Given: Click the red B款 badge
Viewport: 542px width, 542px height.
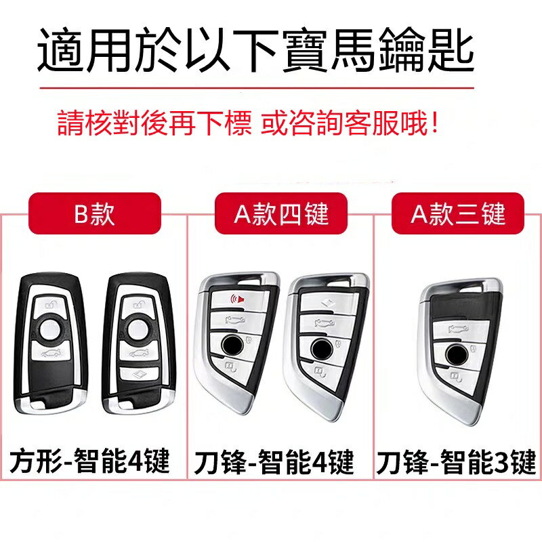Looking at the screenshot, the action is [x=95, y=213].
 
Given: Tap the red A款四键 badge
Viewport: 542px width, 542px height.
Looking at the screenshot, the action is [x=281, y=213].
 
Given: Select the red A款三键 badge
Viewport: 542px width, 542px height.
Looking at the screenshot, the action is [x=458, y=213].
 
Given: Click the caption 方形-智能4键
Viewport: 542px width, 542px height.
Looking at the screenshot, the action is [x=89, y=460].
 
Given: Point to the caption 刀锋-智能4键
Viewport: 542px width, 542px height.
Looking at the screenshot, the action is [x=274, y=461].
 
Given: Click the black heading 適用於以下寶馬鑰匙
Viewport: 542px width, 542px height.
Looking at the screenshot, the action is [x=256, y=49].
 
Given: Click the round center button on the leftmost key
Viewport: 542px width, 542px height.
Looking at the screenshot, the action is [x=50, y=329].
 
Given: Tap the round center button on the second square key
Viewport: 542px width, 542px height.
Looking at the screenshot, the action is [x=139, y=329].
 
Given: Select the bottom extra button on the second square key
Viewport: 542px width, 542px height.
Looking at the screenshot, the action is [x=139, y=374].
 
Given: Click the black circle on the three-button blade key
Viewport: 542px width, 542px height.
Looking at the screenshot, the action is [x=457, y=354].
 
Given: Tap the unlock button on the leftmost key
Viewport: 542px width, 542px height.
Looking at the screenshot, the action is [x=50, y=304].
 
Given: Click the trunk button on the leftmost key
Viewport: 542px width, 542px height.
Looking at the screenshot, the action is [x=51, y=352].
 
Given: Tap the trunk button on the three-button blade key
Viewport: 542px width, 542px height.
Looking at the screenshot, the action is [x=460, y=329].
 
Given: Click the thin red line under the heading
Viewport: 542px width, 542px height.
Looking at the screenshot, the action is [x=257, y=88].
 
